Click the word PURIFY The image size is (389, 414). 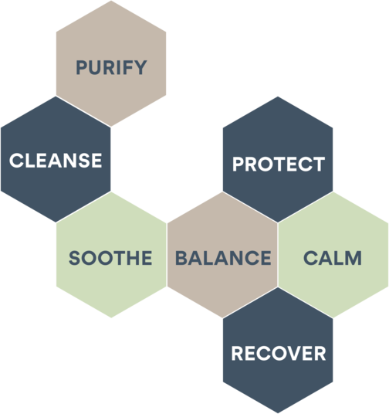pyautogui.click(x=111, y=68)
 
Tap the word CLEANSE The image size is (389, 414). pyautogui.click(x=56, y=161)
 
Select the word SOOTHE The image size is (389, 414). pyautogui.click(x=110, y=258)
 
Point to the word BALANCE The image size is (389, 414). pyautogui.click(x=223, y=258)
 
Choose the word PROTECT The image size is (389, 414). pyautogui.click(x=279, y=164)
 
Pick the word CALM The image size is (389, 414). pyautogui.click(x=333, y=258)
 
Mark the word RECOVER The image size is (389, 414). pyautogui.click(x=279, y=353)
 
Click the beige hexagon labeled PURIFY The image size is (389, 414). pyautogui.click(x=111, y=63)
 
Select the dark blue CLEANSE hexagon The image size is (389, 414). pyautogui.click(x=56, y=159)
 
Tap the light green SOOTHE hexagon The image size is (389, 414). pyautogui.click(x=111, y=255)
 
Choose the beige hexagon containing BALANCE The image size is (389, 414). pyautogui.click(x=222, y=255)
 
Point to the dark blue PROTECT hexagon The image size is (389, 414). pyautogui.click(x=278, y=159)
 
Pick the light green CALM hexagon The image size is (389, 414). pyautogui.click(x=333, y=255)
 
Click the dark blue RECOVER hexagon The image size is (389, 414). pyautogui.click(x=278, y=351)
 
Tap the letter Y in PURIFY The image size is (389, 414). pyautogui.click(x=140, y=68)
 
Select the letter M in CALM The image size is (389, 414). pyautogui.click(x=353, y=258)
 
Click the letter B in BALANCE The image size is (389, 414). pyautogui.click(x=181, y=258)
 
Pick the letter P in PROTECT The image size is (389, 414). pyautogui.click(x=238, y=164)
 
